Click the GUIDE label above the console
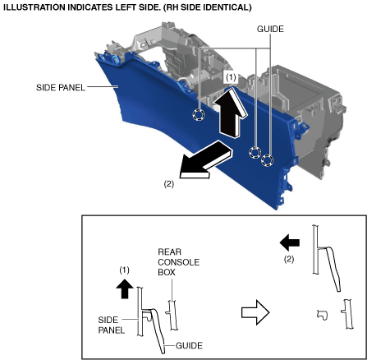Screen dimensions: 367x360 pyautogui.click(x=270, y=29)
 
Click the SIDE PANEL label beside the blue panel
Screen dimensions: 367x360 pyautogui.click(x=61, y=88)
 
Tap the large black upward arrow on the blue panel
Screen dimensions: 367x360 pyautogui.click(x=231, y=113)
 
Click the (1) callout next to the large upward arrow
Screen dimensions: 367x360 pyautogui.click(x=231, y=78)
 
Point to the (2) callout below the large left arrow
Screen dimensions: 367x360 pyautogui.click(x=168, y=184)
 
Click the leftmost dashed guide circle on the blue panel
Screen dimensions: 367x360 pyautogui.click(x=199, y=114)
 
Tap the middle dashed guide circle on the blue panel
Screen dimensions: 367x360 pyautogui.click(x=255, y=152)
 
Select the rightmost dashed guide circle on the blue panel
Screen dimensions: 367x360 pyautogui.click(x=267, y=160)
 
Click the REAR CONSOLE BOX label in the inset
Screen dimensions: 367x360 pyautogui.click(x=179, y=262)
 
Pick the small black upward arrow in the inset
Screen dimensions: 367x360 pyautogui.click(x=125, y=288)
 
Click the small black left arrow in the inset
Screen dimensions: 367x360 pyautogui.click(x=290, y=242)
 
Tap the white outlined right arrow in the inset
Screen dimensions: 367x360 pyautogui.click(x=255, y=312)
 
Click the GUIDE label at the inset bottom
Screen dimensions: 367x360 pyautogui.click(x=189, y=345)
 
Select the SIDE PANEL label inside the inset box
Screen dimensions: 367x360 pyautogui.click(x=112, y=325)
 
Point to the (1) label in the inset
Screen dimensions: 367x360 pyautogui.click(x=124, y=270)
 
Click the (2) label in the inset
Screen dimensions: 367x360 pyautogui.click(x=289, y=259)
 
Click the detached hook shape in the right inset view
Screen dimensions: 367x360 pyautogui.click(x=323, y=314)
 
